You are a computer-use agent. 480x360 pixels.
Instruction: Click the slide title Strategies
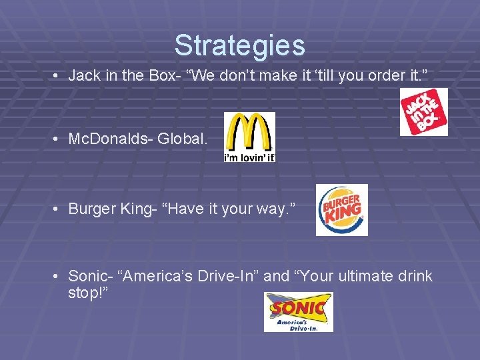239,45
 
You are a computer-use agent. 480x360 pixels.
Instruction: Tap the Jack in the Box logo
424,112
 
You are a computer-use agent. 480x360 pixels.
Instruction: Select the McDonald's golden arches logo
249,131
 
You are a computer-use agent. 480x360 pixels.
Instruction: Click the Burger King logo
341,210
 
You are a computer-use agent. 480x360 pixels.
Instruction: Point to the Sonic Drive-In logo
298,311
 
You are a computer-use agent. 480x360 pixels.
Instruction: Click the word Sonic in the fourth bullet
83,276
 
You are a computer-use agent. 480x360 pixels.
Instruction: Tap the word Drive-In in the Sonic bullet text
229,276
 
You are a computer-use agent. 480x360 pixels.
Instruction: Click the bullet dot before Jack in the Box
58,76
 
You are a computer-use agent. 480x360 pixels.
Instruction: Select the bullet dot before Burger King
58,209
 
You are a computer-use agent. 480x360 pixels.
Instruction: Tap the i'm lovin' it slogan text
249,157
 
